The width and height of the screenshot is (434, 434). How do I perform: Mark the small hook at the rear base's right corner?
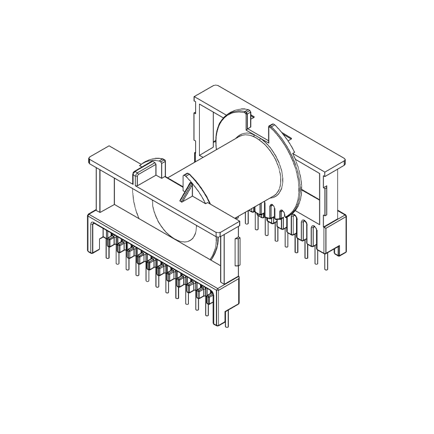pos(340,250)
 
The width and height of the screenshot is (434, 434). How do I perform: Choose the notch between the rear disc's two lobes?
pos(260,127)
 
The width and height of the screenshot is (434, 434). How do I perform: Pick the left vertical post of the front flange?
pos(101,190)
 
